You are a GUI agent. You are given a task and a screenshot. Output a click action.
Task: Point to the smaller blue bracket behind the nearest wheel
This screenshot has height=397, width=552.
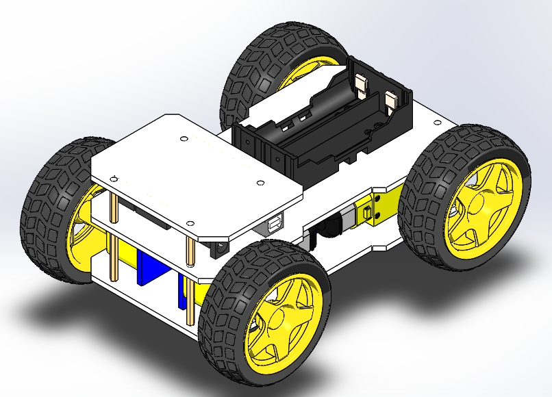pos(183,291)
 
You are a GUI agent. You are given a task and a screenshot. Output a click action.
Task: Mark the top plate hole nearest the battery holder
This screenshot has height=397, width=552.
pos(260,183)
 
